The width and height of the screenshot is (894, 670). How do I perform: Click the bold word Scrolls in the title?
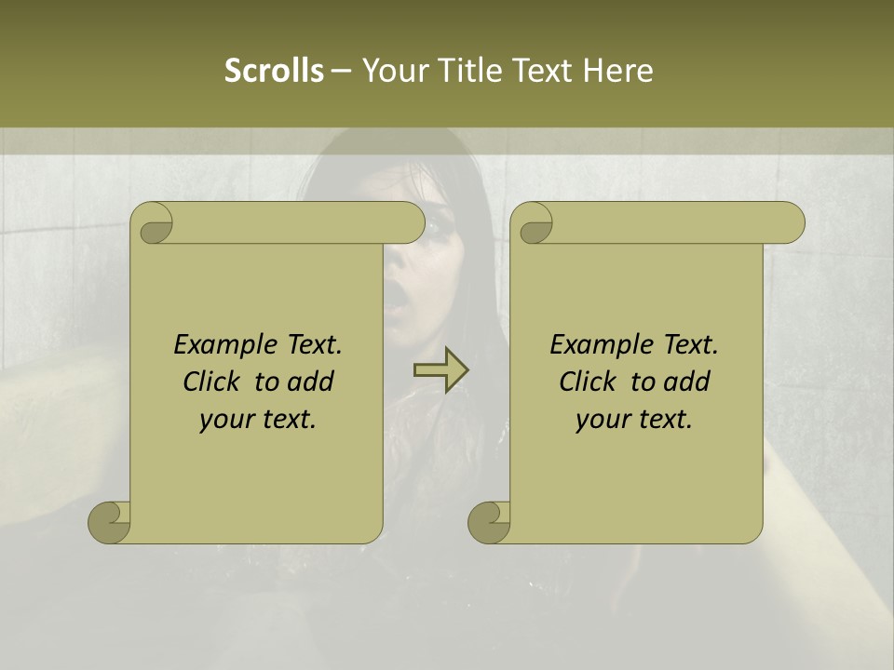tap(274, 71)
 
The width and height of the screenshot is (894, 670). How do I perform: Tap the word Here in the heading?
tap(618, 71)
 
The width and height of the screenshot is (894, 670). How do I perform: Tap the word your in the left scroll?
tap(225, 420)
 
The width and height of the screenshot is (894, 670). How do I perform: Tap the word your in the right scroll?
tap(602, 420)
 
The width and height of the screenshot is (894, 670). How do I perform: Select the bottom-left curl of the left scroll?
tap(110, 521)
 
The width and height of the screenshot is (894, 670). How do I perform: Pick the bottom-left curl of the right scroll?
tap(489, 521)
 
